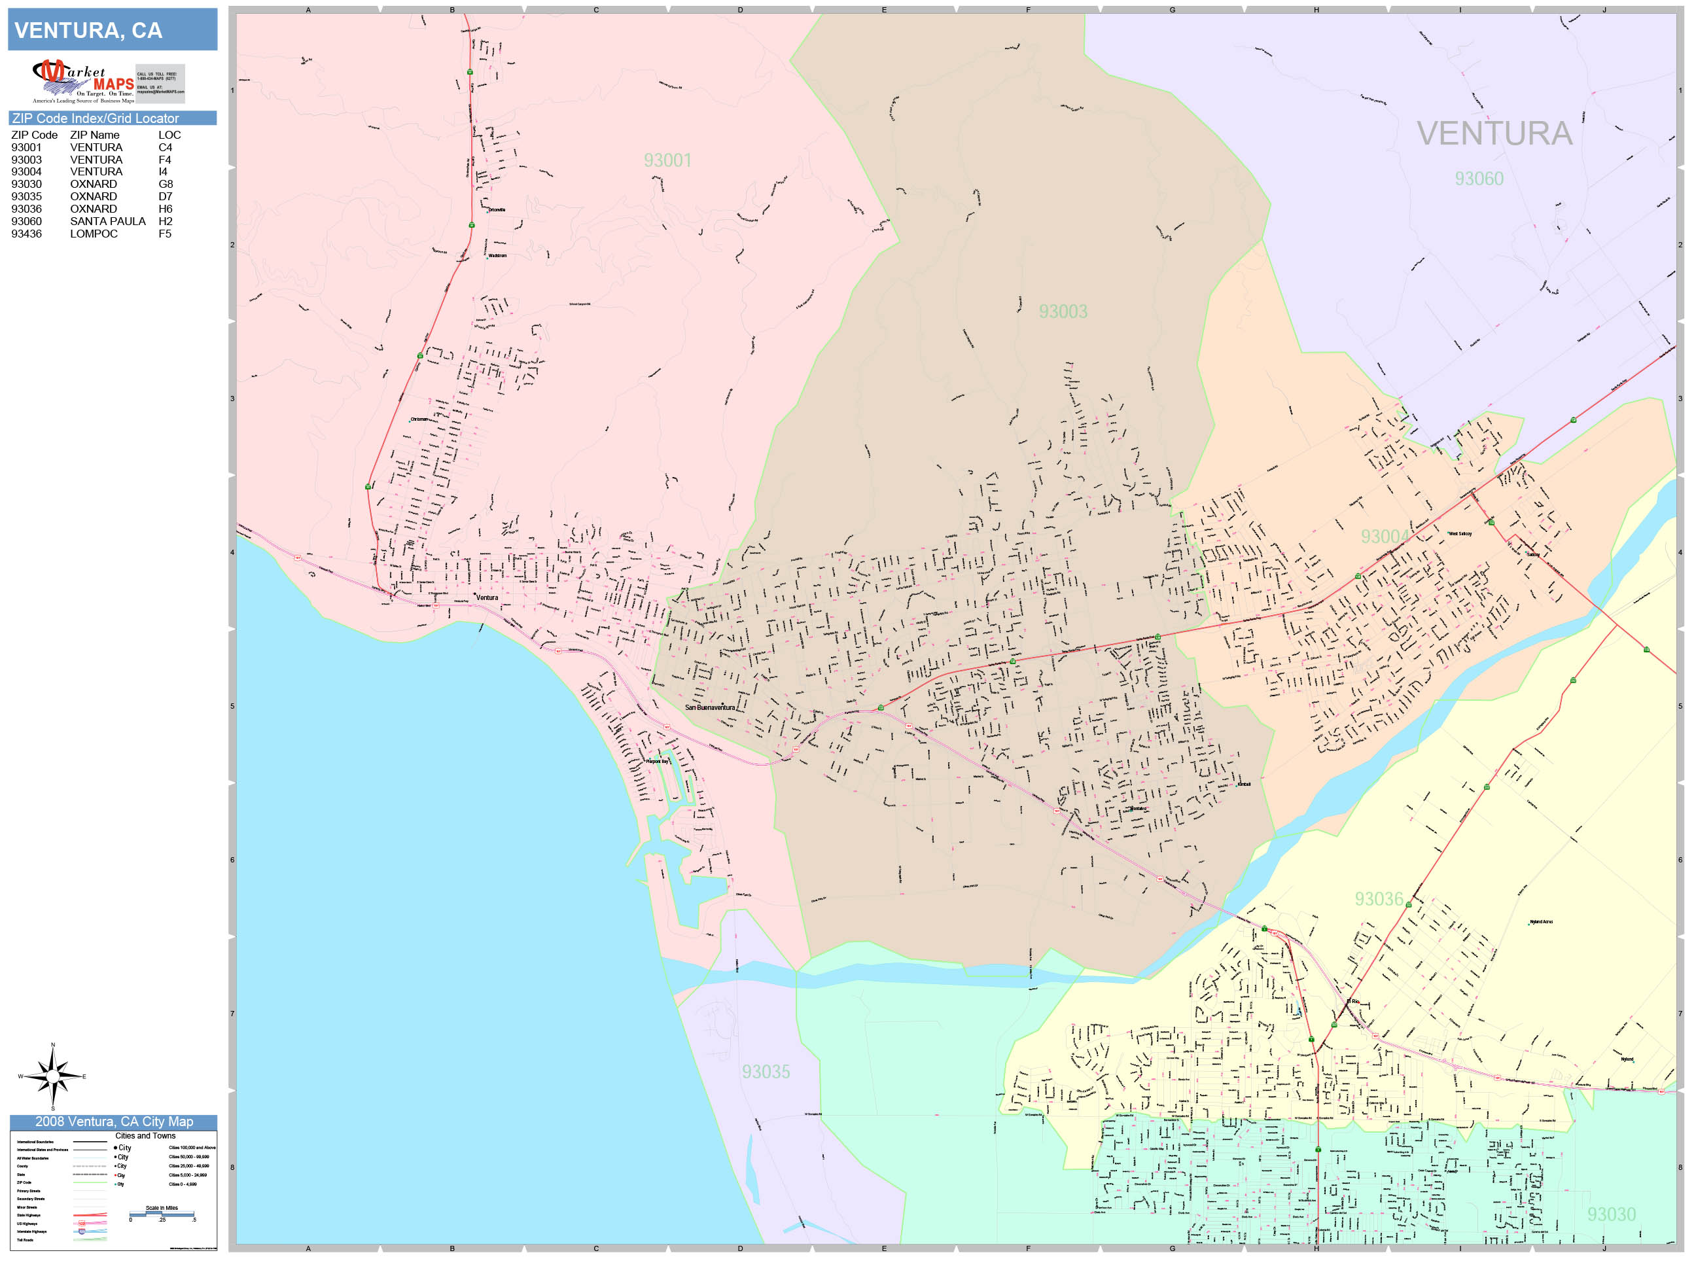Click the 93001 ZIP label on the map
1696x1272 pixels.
[667, 160]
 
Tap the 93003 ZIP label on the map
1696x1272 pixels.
[1063, 311]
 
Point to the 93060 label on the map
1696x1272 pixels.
[1479, 179]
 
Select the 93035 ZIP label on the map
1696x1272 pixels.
[765, 1072]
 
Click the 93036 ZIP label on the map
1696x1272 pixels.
[1379, 898]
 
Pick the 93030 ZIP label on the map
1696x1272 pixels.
[1611, 1214]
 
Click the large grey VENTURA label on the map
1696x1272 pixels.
[1494, 134]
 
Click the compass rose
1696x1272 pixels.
[52, 1076]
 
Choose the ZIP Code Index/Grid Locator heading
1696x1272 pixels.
[95, 118]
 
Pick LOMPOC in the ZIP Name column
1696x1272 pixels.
[94, 234]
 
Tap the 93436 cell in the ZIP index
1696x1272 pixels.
[26, 234]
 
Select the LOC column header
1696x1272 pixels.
[169, 135]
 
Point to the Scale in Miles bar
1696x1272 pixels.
[162, 1214]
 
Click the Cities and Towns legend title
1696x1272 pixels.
[145, 1135]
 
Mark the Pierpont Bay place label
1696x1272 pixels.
[657, 762]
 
